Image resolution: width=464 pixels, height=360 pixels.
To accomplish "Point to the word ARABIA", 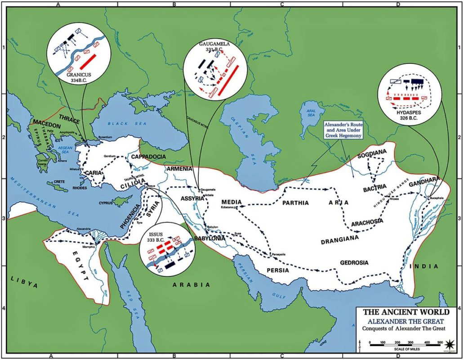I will [192, 284].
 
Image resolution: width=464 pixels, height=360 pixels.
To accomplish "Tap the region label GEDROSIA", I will [354, 262].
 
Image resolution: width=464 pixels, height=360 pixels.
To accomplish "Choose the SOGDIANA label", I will [372, 155].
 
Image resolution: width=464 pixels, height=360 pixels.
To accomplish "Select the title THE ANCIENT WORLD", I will [406, 312].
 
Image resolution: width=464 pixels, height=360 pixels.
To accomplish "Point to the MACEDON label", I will [46, 124].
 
